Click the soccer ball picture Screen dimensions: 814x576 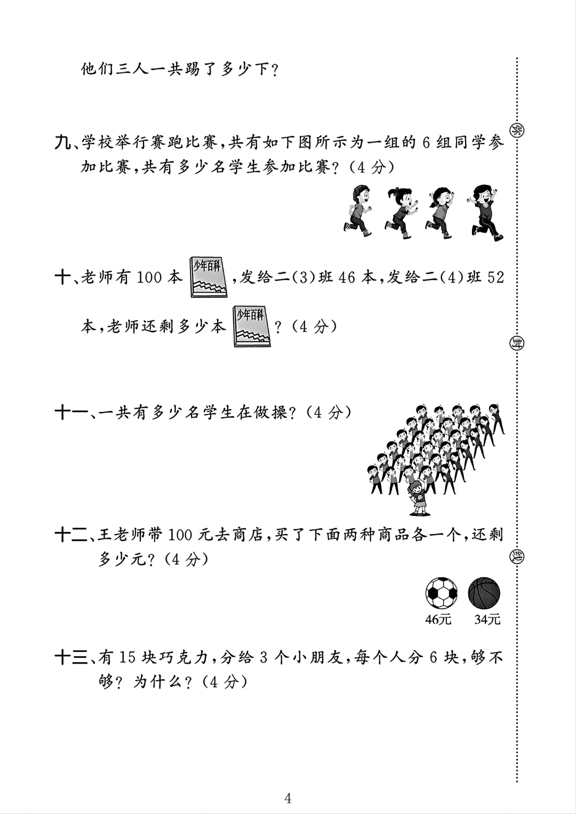(x=442, y=593)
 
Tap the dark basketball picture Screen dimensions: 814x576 (x=484, y=593)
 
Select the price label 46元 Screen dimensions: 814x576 (x=438, y=619)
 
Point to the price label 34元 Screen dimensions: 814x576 (x=487, y=619)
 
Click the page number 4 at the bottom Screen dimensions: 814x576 (x=288, y=798)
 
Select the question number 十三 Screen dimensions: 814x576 (x=71, y=658)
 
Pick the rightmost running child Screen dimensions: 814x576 (x=486, y=212)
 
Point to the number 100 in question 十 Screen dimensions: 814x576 (x=149, y=277)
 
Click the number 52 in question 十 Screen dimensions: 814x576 (x=495, y=277)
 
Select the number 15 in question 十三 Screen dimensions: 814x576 (x=127, y=658)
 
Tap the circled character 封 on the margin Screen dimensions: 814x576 (x=516, y=342)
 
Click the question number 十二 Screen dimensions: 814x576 (x=71, y=535)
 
